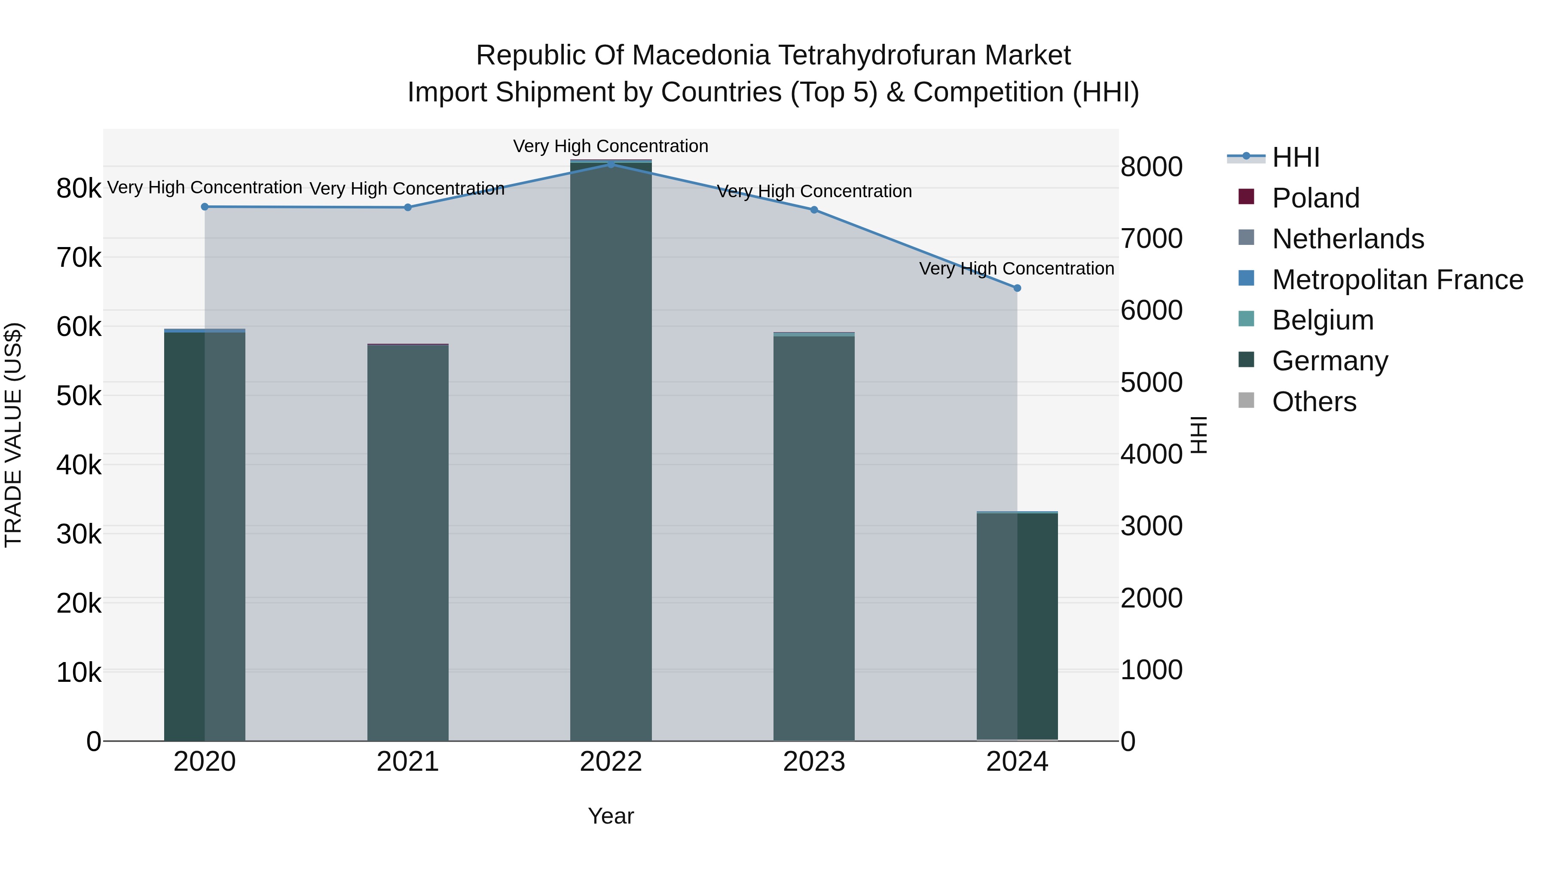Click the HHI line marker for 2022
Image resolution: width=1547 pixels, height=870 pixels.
point(611,164)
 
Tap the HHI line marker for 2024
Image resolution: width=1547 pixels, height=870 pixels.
point(1017,288)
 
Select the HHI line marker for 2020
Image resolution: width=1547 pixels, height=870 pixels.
point(205,207)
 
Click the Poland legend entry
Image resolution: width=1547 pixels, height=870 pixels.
point(1315,198)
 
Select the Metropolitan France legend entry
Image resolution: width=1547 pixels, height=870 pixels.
point(1397,280)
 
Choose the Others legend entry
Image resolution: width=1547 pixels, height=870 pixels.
point(1314,402)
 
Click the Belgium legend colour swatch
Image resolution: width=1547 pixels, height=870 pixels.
point(1246,319)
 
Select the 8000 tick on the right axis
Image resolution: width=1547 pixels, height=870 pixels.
point(1151,167)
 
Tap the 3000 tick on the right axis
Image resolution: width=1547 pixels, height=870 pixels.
point(1151,526)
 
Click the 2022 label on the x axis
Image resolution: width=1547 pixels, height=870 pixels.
point(611,762)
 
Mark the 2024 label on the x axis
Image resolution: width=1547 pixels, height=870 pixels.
point(1017,762)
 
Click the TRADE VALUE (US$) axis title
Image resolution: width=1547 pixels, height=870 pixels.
point(13,435)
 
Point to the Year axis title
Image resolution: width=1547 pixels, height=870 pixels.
point(611,816)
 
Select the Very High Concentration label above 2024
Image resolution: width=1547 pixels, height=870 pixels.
point(1016,269)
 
